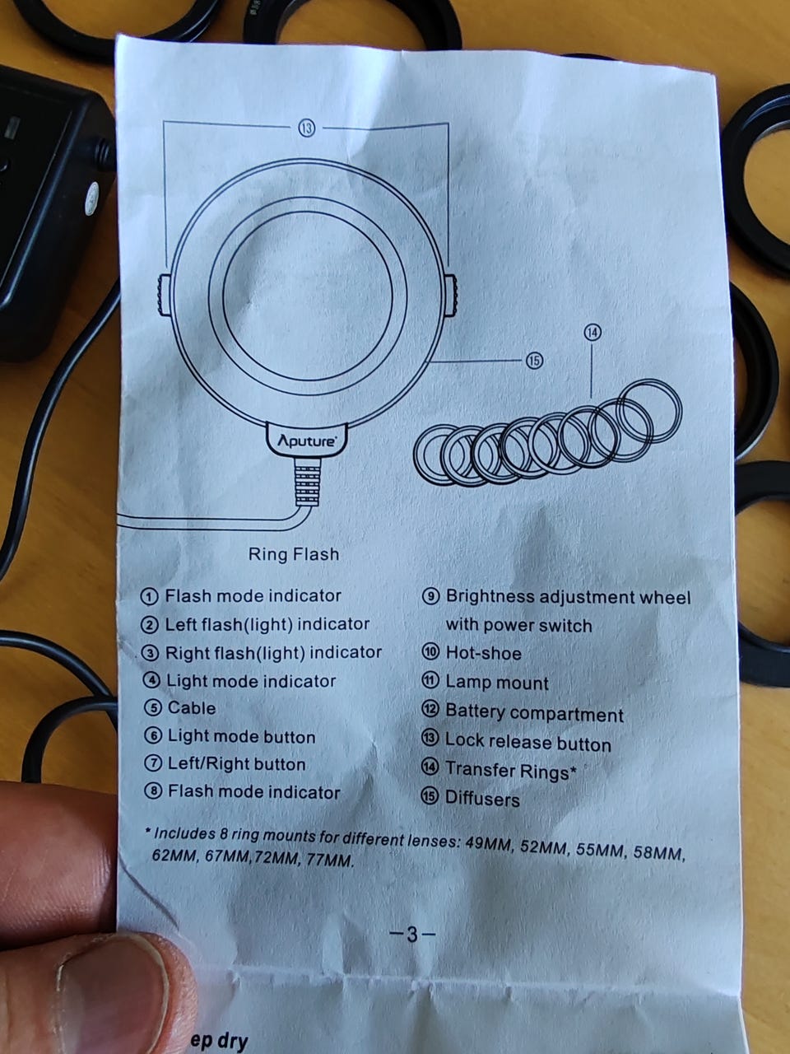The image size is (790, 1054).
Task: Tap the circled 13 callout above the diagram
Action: click(307, 128)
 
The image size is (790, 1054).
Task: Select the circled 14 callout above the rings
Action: click(592, 333)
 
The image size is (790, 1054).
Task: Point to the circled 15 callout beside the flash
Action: click(534, 360)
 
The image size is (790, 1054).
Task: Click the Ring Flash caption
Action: click(294, 554)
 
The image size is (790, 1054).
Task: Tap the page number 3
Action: click(412, 934)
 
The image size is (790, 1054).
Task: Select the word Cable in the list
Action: click(192, 708)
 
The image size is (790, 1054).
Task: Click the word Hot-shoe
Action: click(484, 653)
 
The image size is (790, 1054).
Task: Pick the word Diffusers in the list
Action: click(482, 799)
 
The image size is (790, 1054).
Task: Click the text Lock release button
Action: click(528, 742)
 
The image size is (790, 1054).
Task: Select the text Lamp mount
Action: click(497, 683)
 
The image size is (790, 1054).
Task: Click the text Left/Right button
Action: click(236, 764)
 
